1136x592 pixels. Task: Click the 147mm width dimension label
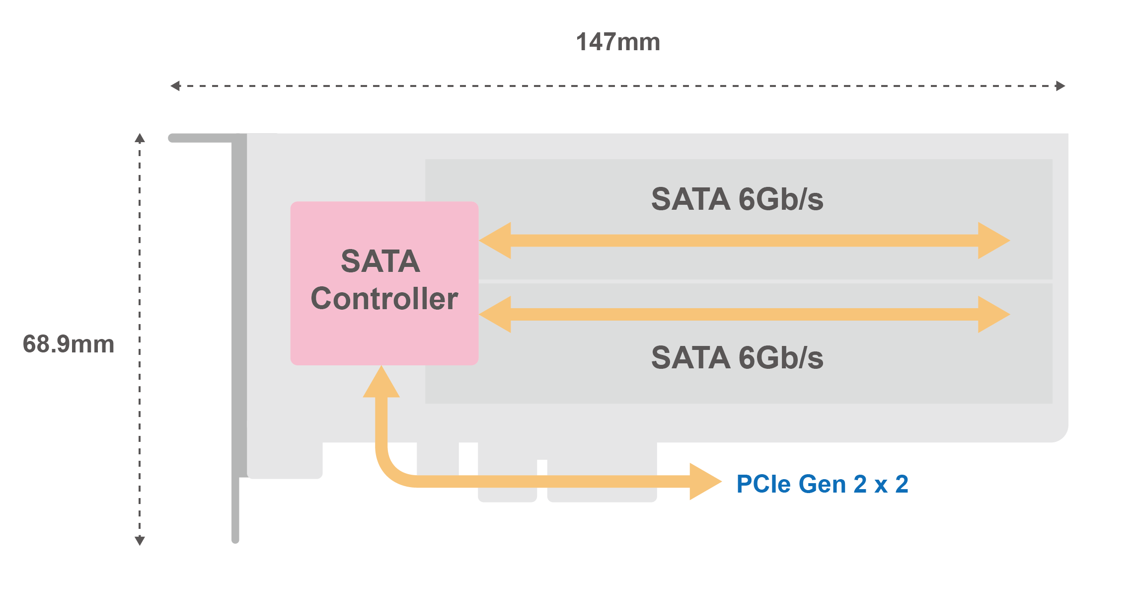tap(618, 42)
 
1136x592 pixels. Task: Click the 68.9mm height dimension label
tap(69, 344)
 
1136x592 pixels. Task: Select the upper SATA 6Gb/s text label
tap(737, 199)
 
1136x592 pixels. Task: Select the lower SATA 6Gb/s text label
tap(737, 358)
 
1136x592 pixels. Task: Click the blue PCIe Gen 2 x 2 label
tap(822, 484)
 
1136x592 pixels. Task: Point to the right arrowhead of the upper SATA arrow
tap(993, 241)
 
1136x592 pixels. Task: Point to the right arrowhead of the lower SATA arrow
tap(993, 314)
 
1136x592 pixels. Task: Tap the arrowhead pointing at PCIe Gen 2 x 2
tap(705, 481)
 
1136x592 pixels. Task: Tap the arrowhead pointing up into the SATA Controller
tap(381, 383)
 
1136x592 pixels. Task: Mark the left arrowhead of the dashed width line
tap(175, 86)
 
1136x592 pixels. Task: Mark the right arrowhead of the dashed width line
tap(1060, 86)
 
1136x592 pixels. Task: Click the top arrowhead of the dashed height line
tap(140, 138)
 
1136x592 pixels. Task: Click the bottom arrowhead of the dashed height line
tap(140, 541)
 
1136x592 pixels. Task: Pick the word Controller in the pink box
tap(384, 299)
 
